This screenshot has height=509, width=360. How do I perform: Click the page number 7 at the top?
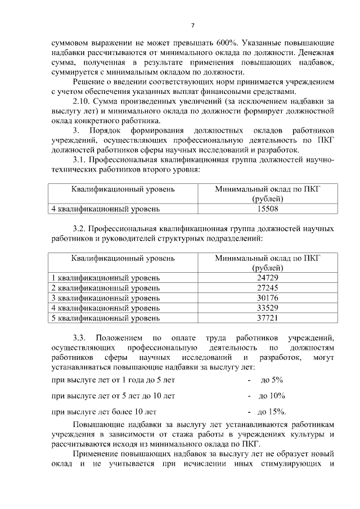tap(192, 25)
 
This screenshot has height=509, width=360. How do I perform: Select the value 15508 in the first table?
tap(267, 209)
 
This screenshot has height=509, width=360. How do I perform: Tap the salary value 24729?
tap(267, 278)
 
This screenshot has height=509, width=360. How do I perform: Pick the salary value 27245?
tap(267, 288)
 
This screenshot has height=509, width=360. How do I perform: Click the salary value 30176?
tap(267, 298)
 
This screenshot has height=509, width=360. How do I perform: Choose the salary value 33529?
tap(267, 308)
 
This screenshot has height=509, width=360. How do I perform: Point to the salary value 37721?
tap(267, 318)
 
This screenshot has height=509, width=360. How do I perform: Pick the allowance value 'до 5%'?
tap(272, 380)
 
